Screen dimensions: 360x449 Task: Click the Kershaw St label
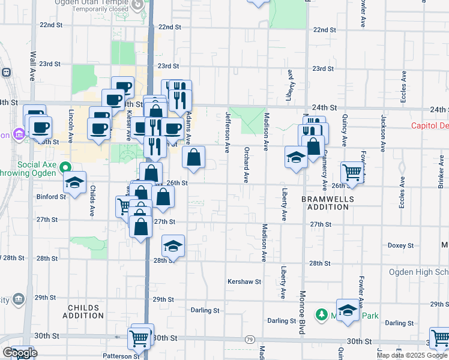click(x=244, y=281)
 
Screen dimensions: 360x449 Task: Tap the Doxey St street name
click(x=400, y=245)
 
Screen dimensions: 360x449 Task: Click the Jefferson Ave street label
click(x=228, y=130)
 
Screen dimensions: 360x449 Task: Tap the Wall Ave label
click(x=32, y=65)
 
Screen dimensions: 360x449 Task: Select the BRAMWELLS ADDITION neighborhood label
click(x=325, y=203)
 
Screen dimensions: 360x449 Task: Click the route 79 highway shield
click(x=249, y=340)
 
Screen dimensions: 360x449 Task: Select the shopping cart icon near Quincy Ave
click(x=352, y=172)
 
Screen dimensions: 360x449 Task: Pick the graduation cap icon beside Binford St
click(x=75, y=182)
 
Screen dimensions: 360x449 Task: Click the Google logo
click(x=19, y=353)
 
